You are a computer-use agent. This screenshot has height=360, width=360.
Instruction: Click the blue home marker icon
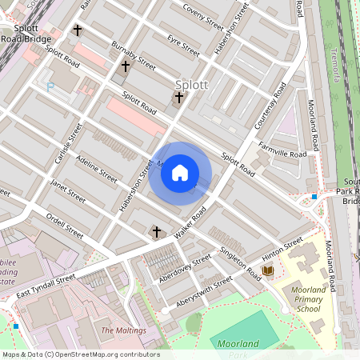point(180,172)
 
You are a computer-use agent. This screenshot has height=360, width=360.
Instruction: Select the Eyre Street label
point(183,45)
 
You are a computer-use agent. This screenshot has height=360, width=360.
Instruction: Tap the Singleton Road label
point(239,263)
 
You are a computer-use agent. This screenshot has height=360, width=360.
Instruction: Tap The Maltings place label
point(123,330)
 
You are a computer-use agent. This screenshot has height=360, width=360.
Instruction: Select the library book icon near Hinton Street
point(267,272)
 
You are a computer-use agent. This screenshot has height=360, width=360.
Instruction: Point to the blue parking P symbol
point(50,86)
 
